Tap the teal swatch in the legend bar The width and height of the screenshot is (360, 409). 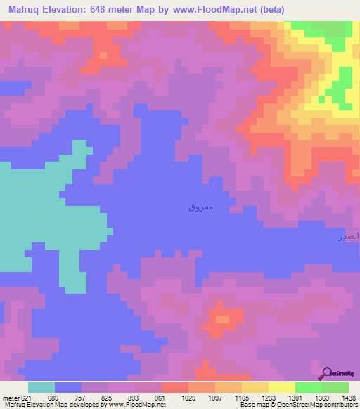point(41,387)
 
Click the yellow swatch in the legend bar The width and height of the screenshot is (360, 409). point(255,387)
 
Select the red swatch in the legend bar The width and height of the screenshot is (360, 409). point(174,387)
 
